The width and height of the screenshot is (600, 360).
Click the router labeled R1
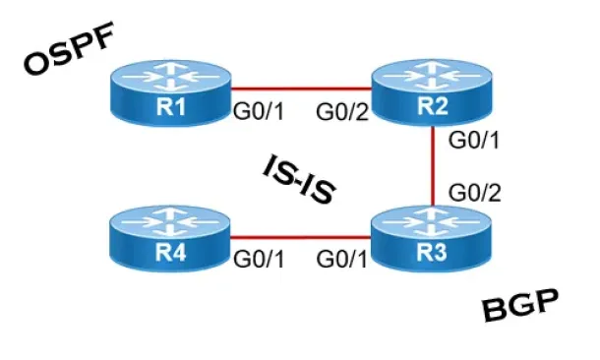coord(171,93)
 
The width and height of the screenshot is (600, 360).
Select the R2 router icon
coord(432,92)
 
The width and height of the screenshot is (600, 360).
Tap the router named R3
coord(431,239)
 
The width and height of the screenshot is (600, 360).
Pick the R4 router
coord(170,239)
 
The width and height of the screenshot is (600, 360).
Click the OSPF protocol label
coord(69,48)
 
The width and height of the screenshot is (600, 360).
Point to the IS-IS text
coord(299,179)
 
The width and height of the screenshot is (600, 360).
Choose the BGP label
coord(520,305)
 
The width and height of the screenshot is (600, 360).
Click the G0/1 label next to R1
coord(259,112)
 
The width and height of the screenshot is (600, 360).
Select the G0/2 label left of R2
coord(342,112)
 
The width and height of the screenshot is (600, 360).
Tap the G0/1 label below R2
coord(474,140)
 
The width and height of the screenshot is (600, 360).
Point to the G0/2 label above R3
coord(474,193)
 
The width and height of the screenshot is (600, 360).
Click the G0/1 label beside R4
coord(259,259)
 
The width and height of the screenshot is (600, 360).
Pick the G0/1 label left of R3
coord(341,259)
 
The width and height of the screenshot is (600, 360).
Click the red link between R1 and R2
coord(301,90)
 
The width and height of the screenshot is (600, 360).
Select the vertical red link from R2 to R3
coord(433,166)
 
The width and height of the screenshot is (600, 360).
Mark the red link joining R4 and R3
coord(300,238)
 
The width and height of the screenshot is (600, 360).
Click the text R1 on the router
coord(171,106)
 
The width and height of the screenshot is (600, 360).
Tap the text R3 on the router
coord(431,253)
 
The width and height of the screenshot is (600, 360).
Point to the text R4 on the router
coord(171,253)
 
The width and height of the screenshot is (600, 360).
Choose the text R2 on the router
coord(433,105)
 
